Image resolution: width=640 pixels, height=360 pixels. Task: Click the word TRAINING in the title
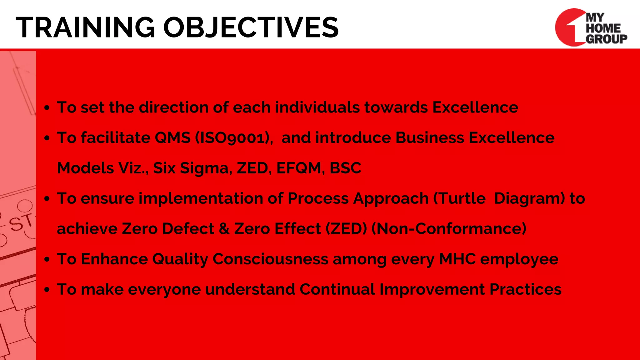(85, 27)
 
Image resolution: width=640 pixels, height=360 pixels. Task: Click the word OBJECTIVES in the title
(251, 27)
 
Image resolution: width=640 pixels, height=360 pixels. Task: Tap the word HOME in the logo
(603, 28)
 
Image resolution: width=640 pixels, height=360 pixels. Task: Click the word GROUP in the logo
(606, 39)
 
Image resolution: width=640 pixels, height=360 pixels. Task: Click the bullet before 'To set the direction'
(47, 108)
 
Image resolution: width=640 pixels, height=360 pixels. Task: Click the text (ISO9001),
(234, 138)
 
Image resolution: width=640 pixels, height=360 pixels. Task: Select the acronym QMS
(172, 138)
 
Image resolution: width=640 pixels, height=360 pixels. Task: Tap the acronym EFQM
(299, 168)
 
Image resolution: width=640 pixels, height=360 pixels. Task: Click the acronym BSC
(345, 168)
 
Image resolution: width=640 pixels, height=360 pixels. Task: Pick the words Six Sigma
(192, 168)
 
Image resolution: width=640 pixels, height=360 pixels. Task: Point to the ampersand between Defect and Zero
(224, 229)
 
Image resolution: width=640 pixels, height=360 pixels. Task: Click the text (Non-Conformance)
(449, 229)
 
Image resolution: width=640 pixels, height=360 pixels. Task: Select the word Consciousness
(270, 259)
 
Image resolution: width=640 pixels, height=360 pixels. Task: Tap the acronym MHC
(457, 259)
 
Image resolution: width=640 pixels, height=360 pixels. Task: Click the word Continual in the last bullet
(337, 289)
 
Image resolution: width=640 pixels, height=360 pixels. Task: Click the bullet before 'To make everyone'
(47, 290)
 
